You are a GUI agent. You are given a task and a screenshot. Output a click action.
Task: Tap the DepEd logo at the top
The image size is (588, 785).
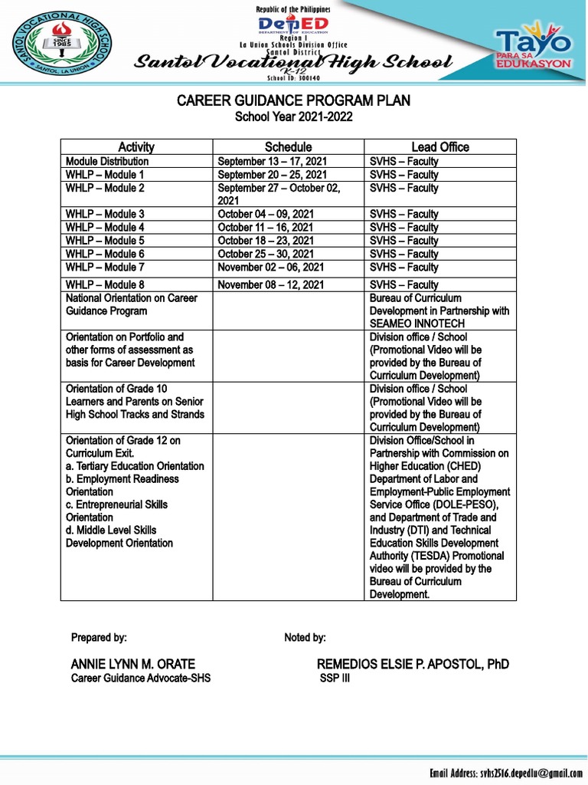click(x=292, y=25)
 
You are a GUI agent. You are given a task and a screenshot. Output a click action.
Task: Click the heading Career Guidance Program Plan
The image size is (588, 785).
click(x=294, y=100)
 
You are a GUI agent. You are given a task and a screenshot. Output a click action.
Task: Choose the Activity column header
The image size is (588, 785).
click(x=136, y=146)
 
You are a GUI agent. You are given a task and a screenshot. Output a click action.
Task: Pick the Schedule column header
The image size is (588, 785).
click(x=288, y=146)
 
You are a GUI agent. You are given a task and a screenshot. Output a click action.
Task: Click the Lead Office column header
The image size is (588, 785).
click(x=440, y=146)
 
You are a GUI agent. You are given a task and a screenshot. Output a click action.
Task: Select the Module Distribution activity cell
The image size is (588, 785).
click(x=107, y=162)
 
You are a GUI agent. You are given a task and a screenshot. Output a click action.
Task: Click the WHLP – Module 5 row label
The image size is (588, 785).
click(x=105, y=241)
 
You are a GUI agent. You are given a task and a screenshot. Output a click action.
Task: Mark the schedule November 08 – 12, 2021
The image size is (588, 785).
click(x=271, y=284)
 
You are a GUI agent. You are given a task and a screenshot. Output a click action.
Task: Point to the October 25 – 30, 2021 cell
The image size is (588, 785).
click(x=265, y=254)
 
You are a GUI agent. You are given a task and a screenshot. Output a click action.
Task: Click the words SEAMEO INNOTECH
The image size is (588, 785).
click(x=412, y=324)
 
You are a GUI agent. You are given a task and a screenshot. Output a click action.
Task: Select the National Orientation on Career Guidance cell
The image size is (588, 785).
click(x=132, y=304)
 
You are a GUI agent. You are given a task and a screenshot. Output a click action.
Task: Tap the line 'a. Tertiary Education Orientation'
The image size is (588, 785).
click(x=135, y=466)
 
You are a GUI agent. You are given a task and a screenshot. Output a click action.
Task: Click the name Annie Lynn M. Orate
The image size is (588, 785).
click(x=133, y=664)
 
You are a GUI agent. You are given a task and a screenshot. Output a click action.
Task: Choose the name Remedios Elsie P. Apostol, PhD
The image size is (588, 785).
click(x=413, y=664)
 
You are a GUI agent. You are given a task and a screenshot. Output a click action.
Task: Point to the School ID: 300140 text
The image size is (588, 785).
click(x=294, y=78)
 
